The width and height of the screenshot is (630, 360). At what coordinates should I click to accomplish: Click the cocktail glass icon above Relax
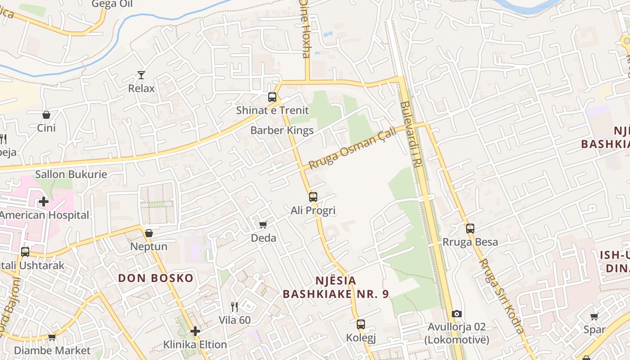[x=141, y=75]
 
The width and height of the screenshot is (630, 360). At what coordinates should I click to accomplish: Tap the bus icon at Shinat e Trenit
[x=272, y=97]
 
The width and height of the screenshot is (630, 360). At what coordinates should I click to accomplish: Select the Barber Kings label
[x=282, y=130]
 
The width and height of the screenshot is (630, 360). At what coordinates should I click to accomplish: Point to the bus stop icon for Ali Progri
[x=313, y=197]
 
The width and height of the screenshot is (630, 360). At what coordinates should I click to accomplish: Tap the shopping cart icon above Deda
[x=263, y=225]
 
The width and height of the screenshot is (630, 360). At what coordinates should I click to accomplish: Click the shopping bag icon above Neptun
[x=149, y=233]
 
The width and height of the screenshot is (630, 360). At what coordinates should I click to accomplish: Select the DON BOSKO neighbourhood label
[x=156, y=278]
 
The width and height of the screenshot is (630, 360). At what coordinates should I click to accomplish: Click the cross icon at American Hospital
[x=44, y=202]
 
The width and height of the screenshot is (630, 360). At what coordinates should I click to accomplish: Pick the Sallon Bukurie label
[x=71, y=174]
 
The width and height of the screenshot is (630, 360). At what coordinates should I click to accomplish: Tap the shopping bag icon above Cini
[x=46, y=115]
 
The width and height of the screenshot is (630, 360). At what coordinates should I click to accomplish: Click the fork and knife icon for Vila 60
[x=234, y=307]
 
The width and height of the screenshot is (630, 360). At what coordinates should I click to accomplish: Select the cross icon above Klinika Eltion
[x=195, y=331]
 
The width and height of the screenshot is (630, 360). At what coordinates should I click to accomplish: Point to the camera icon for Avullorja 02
[x=457, y=314]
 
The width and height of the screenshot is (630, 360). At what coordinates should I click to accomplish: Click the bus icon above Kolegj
[x=361, y=324]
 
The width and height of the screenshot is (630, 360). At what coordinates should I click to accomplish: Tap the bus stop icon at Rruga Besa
[x=470, y=229]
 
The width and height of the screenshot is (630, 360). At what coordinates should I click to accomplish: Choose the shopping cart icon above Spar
[x=594, y=316]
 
